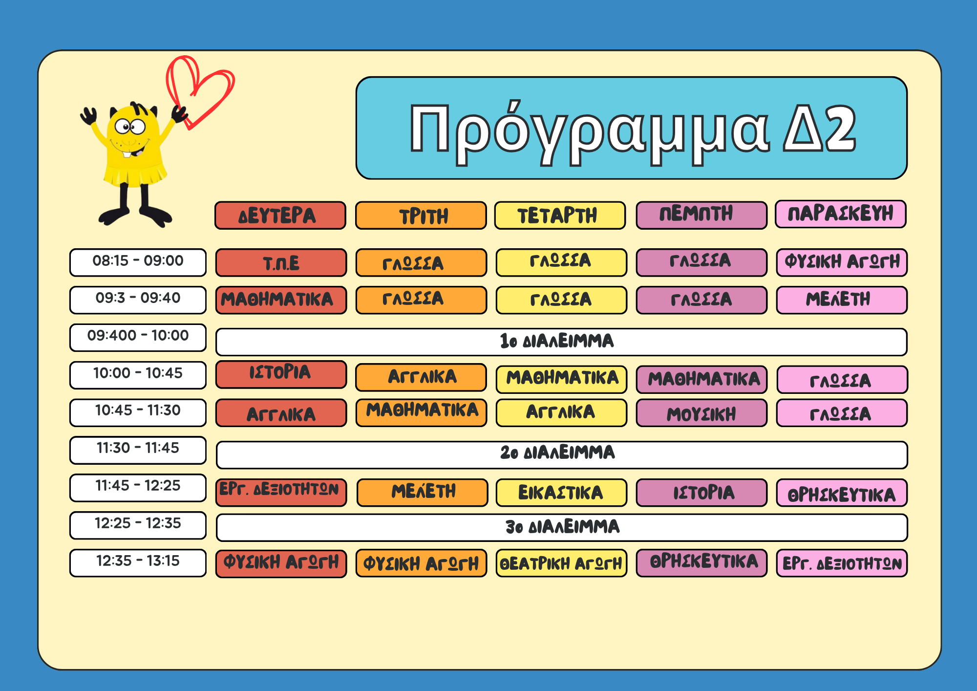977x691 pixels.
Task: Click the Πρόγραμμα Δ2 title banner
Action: (x=631, y=128)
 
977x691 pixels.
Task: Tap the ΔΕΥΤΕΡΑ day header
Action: (x=280, y=216)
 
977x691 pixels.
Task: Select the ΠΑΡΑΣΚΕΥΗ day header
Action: (x=840, y=214)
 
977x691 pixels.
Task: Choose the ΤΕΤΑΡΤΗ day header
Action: (x=560, y=216)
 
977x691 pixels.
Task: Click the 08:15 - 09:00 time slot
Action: (x=138, y=262)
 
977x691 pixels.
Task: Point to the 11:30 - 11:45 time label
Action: (x=138, y=450)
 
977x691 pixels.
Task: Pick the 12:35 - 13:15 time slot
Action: (x=138, y=563)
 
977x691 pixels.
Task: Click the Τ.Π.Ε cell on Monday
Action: (x=281, y=263)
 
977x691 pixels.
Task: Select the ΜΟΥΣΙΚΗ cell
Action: (x=701, y=413)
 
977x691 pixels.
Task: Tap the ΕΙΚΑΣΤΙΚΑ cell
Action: (x=561, y=493)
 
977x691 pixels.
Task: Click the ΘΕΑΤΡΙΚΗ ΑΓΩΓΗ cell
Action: (x=561, y=563)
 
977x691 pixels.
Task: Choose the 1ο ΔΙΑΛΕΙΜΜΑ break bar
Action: (x=561, y=342)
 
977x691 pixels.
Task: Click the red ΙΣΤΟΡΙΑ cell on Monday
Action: (x=281, y=374)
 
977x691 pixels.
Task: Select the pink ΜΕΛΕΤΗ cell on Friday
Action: (x=842, y=300)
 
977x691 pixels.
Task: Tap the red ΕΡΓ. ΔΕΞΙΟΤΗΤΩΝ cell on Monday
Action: (x=281, y=493)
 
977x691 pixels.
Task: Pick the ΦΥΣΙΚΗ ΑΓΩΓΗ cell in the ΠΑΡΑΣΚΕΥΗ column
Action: (x=842, y=262)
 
